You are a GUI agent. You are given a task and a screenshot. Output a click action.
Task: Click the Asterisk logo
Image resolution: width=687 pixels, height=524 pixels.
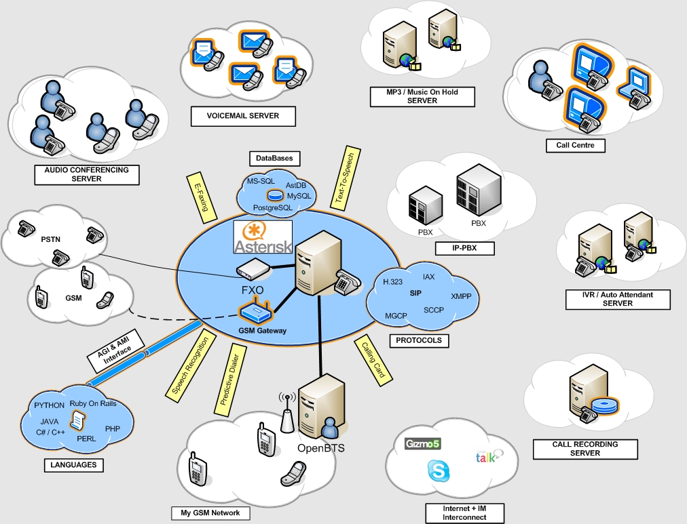pos(263,237)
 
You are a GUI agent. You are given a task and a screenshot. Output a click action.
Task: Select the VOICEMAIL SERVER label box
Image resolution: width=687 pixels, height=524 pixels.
pos(244,117)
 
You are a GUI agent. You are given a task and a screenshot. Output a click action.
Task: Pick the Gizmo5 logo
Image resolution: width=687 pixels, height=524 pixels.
pos(423,445)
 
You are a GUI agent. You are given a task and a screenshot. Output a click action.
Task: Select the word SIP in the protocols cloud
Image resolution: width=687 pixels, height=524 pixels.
pos(416,294)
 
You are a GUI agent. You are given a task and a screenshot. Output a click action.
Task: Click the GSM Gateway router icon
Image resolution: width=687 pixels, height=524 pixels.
pos(255,313)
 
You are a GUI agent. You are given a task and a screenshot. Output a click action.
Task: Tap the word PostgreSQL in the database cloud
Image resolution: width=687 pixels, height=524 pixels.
pos(273,207)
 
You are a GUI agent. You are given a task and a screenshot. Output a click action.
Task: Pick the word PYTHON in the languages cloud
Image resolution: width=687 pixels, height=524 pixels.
pos(49,405)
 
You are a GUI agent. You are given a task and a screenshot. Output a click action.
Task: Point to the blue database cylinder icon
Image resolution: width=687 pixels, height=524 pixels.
pos(274,195)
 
